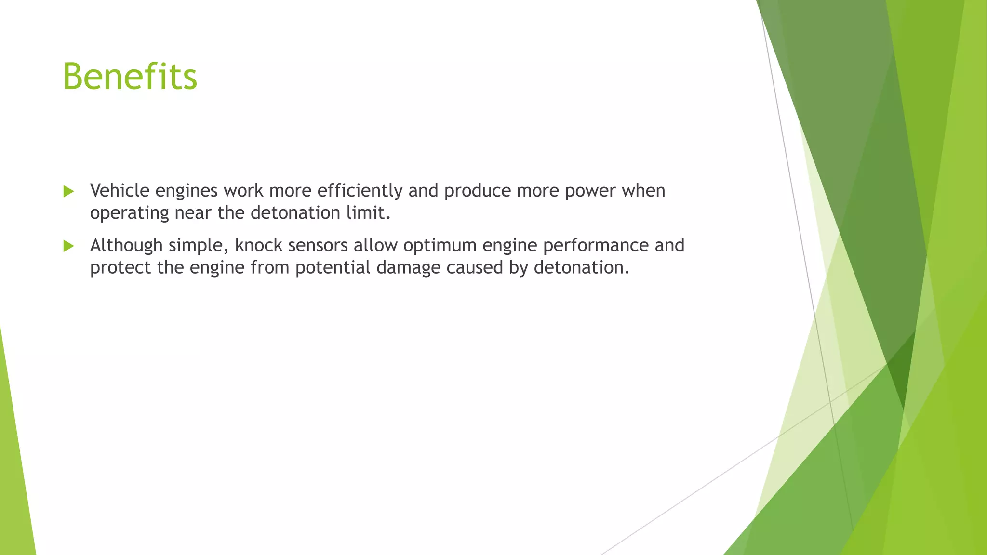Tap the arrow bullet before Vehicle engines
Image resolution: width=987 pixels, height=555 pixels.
pyautogui.click(x=68, y=192)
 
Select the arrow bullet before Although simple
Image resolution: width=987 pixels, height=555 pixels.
pyautogui.click(x=68, y=246)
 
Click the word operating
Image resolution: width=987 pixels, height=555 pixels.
pyautogui.click(x=129, y=213)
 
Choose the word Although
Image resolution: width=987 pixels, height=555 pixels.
pyautogui.click(x=126, y=245)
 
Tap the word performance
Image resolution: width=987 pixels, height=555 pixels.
pyautogui.click(x=596, y=246)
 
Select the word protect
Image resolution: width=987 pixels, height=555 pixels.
pyautogui.click(x=120, y=268)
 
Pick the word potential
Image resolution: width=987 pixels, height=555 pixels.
pyautogui.click(x=333, y=268)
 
